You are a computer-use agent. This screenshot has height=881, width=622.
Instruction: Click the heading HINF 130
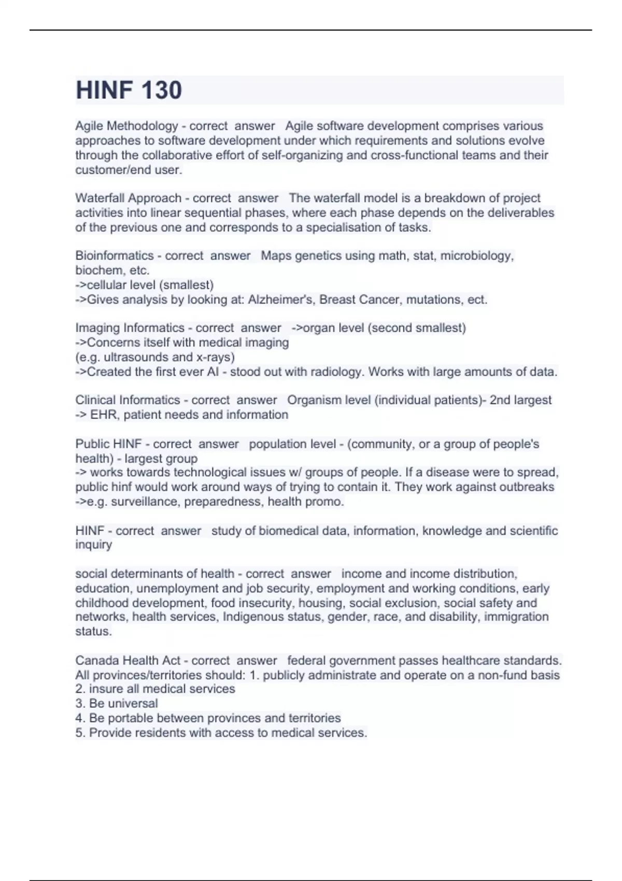click(129, 90)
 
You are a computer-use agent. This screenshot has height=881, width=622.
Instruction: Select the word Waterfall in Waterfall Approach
click(100, 198)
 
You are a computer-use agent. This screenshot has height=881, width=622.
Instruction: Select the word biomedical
click(288, 531)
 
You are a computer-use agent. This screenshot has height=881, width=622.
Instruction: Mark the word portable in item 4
click(131, 718)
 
